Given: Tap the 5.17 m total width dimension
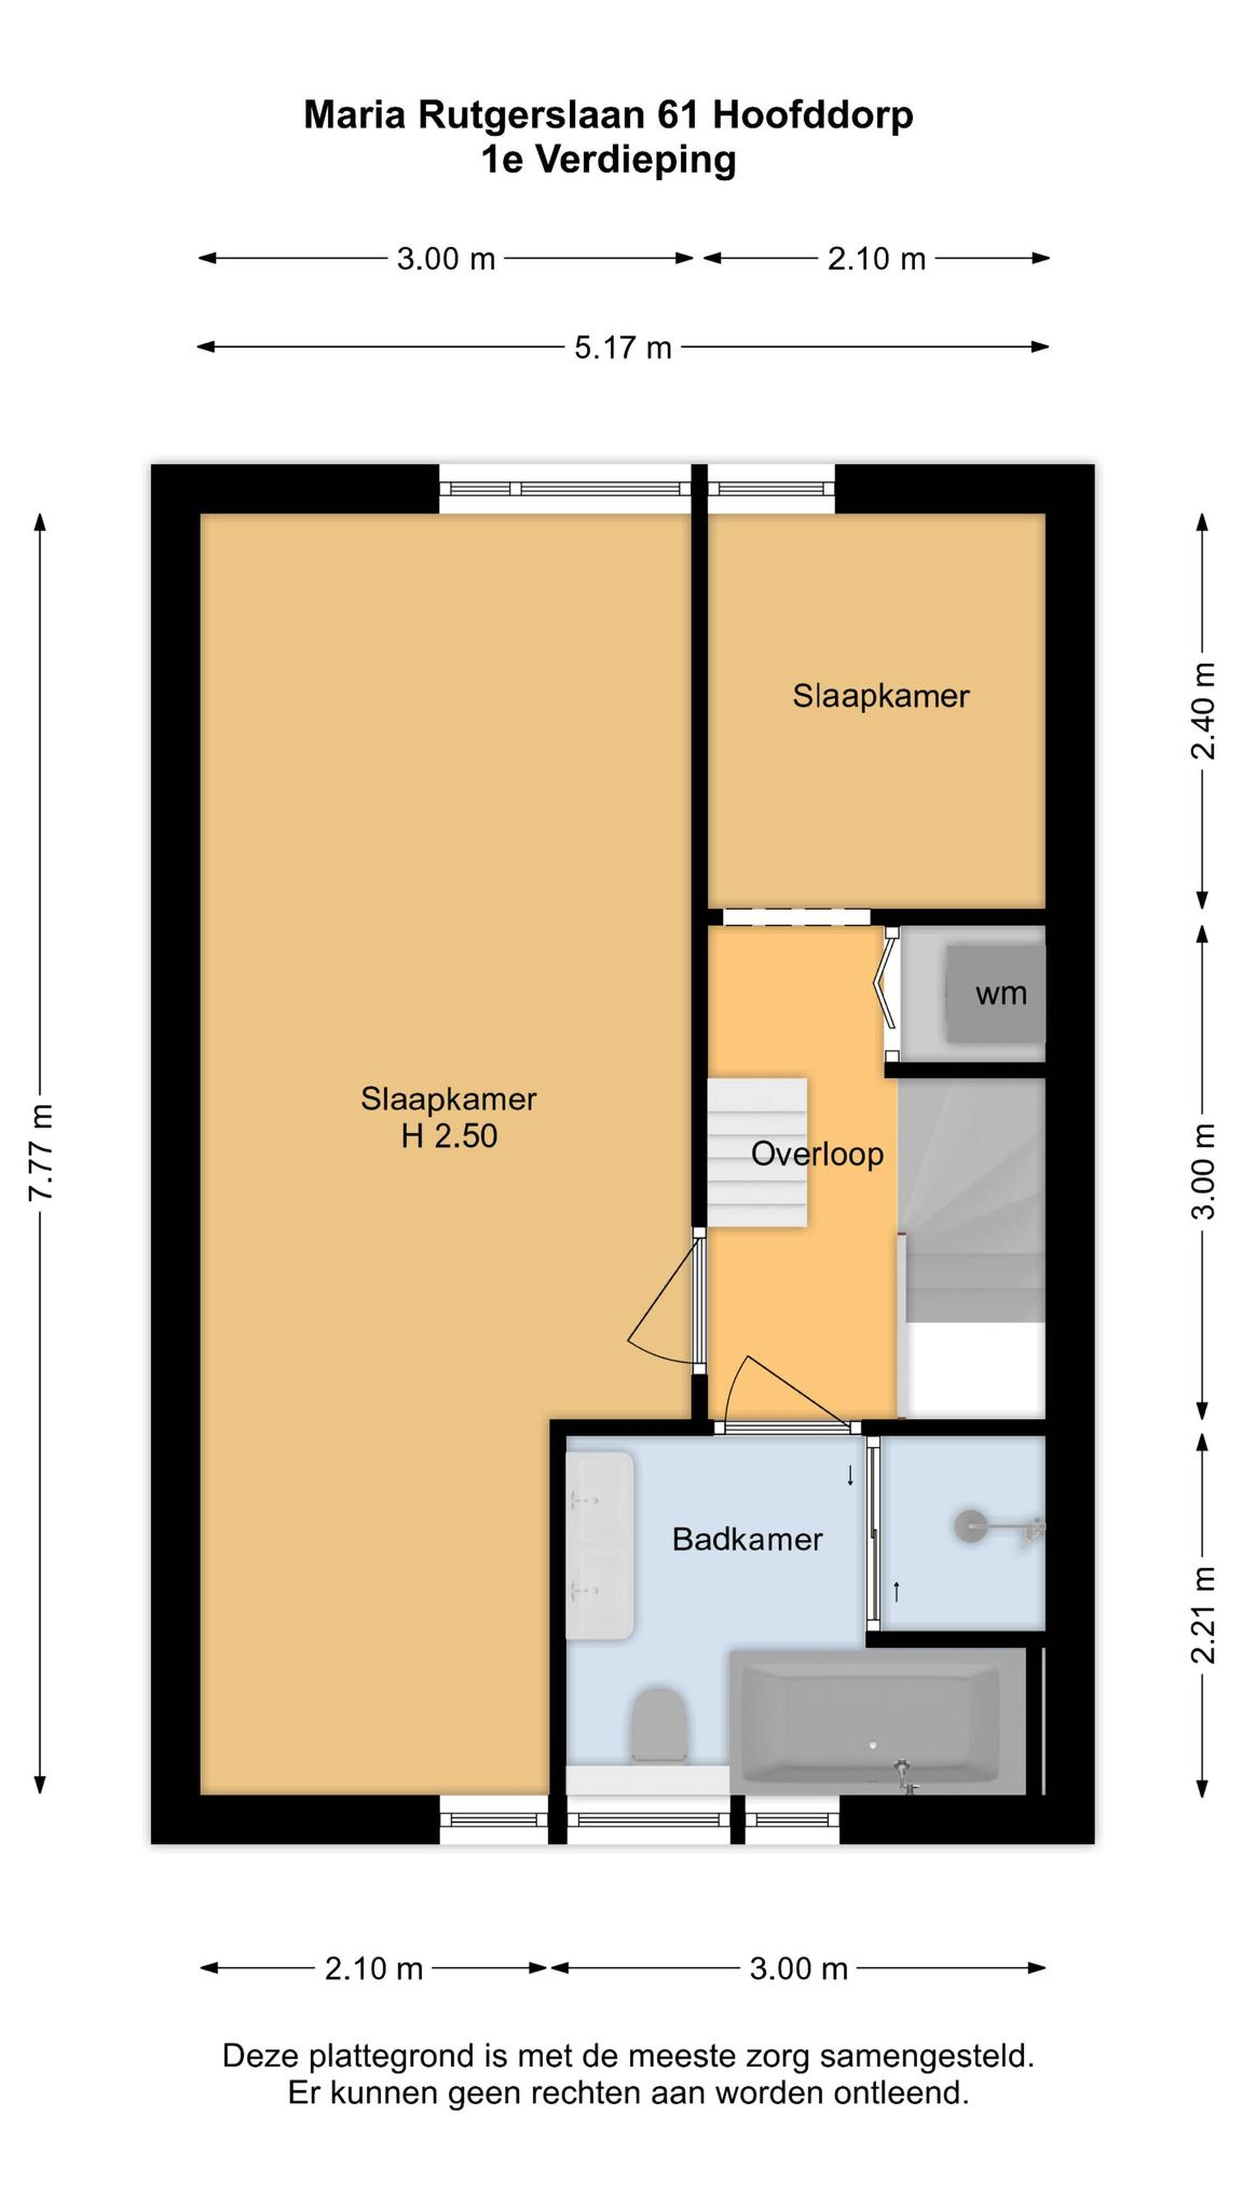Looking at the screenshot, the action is (x=623, y=347).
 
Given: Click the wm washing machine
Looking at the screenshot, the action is (x=995, y=994).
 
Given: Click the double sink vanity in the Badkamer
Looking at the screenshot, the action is (x=599, y=1544).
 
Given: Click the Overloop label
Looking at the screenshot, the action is (x=817, y=1154).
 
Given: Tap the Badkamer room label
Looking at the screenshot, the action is (x=747, y=1539).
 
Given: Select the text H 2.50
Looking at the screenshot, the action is (x=449, y=1136).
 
